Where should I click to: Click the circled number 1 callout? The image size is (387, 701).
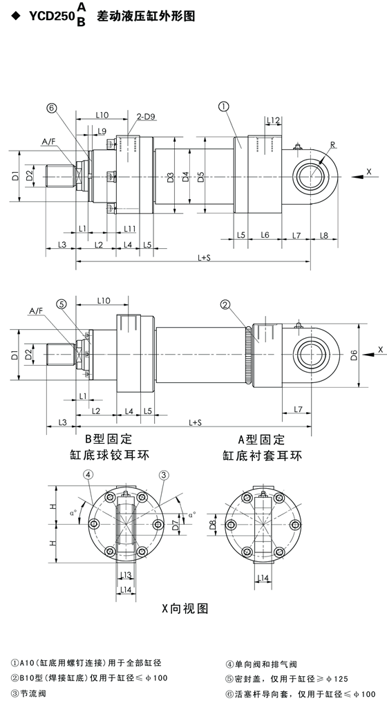[223, 106]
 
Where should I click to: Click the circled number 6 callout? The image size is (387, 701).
[53, 107]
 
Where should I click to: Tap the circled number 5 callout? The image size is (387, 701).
[62, 304]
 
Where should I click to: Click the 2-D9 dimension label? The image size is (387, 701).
[146, 116]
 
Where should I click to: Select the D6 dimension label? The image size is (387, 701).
[354, 355]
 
